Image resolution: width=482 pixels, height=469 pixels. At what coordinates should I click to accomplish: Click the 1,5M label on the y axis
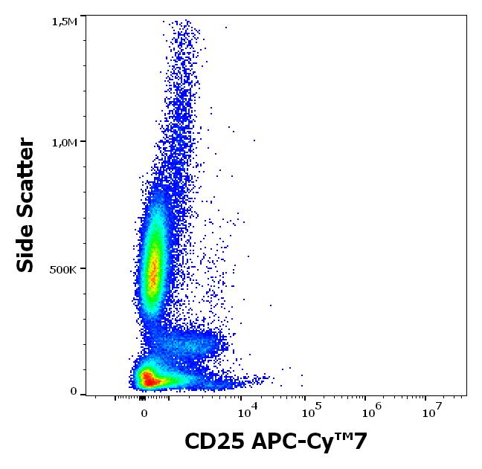64,22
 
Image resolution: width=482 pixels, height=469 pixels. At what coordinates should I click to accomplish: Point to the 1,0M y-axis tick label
64,142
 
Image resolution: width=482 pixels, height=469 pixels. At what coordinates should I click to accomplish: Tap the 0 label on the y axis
74,392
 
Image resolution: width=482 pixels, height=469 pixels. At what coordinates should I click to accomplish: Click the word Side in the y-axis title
26,248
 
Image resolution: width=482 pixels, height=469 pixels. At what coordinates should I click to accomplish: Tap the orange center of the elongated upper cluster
153,271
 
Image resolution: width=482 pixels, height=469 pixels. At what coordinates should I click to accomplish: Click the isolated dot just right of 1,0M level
254,140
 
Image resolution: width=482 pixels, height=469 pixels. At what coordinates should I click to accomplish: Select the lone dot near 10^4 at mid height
270,305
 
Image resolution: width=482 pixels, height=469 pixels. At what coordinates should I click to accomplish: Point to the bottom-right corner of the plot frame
466,395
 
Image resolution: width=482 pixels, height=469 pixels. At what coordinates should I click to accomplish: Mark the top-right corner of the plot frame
466,16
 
